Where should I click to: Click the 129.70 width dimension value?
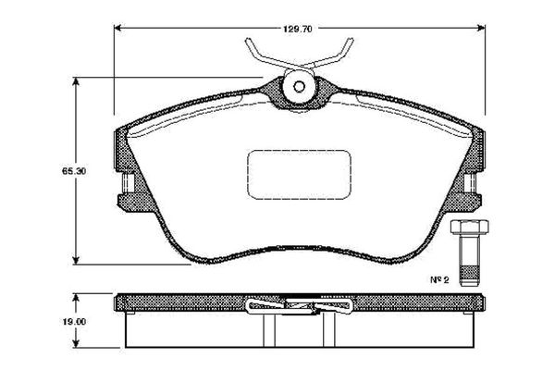(297, 29)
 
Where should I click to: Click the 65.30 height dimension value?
(74, 171)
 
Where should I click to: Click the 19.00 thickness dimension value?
(74, 322)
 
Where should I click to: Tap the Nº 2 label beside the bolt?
(439, 279)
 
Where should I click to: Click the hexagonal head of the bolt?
(469, 227)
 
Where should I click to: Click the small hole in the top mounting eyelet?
(299, 87)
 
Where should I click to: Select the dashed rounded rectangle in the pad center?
(299, 174)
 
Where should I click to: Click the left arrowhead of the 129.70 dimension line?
(117, 28)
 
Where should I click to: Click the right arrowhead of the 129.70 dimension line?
(481, 28)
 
